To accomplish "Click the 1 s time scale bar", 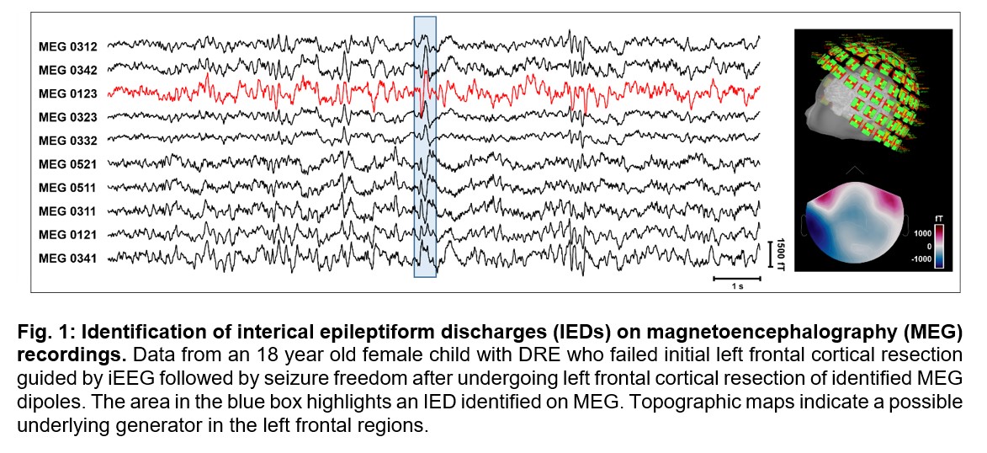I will point(737,277).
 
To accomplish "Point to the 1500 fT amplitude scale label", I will point(782,252).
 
